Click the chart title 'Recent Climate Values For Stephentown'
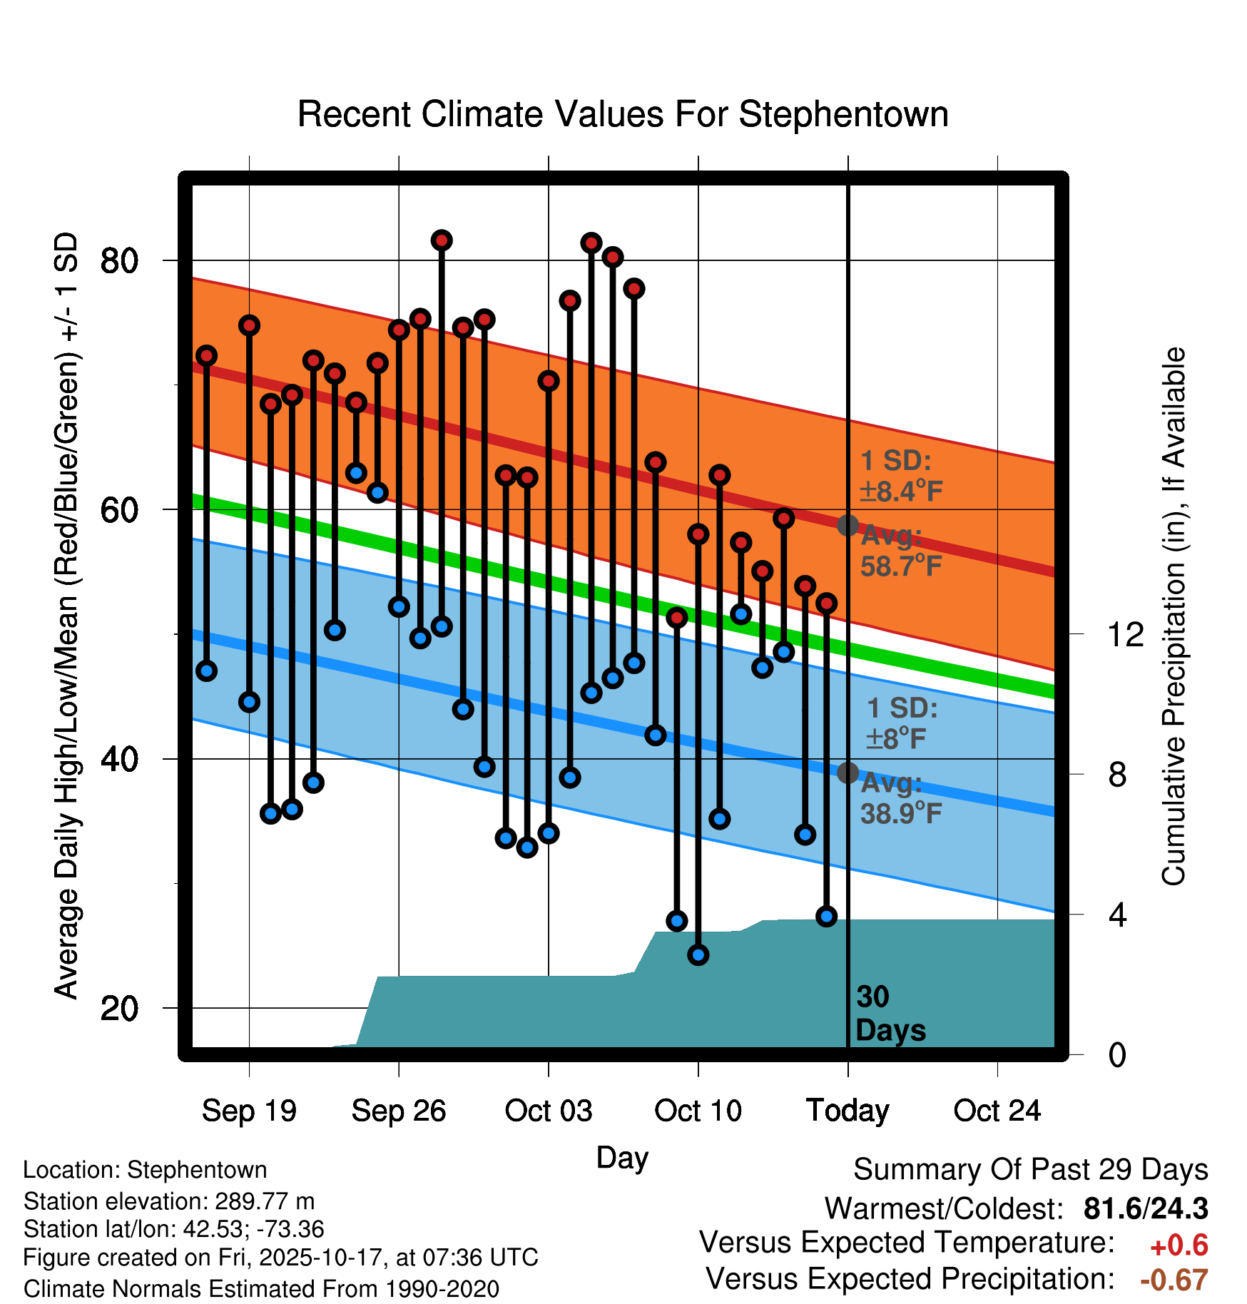(623, 114)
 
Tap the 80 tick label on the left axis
(119, 261)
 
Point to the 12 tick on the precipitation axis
(1126, 634)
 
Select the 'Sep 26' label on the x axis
(399, 1111)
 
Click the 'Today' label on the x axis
(848, 1111)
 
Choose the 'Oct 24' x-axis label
(997, 1111)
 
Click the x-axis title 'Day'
(622, 1158)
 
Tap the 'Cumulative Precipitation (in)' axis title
(1174, 616)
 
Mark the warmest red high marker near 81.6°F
(442, 240)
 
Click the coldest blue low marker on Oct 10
(698, 954)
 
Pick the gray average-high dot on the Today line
(848, 526)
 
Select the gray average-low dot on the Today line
(848, 773)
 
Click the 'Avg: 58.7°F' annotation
(900, 551)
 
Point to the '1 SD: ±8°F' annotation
(901, 723)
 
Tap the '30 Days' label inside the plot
(890, 1014)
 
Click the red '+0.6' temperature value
(1179, 1246)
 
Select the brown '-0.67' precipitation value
(1174, 1280)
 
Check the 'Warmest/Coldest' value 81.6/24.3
(1145, 1208)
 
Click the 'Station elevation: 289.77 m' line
(169, 1201)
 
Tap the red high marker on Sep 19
(249, 325)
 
